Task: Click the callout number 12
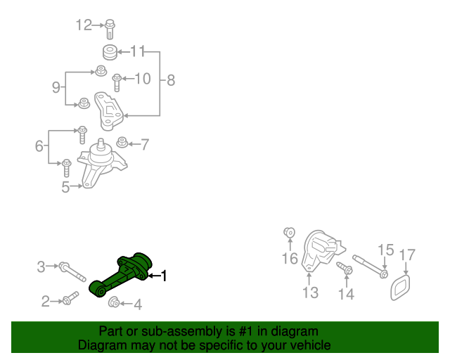coord(84,25)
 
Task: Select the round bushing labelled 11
coord(109,52)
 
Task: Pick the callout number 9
coord(56,87)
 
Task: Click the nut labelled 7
coord(122,143)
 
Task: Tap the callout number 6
coord(39,146)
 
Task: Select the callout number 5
coord(65,187)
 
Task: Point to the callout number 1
coord(165,276)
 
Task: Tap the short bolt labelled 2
coord(67,301)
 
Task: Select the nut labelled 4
coord(112,303)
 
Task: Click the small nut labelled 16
coord(288,233)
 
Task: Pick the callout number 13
coord(311,292)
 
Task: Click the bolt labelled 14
coord(345,270)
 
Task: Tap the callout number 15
coord(385,250)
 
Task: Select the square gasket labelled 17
coord(401,287)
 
